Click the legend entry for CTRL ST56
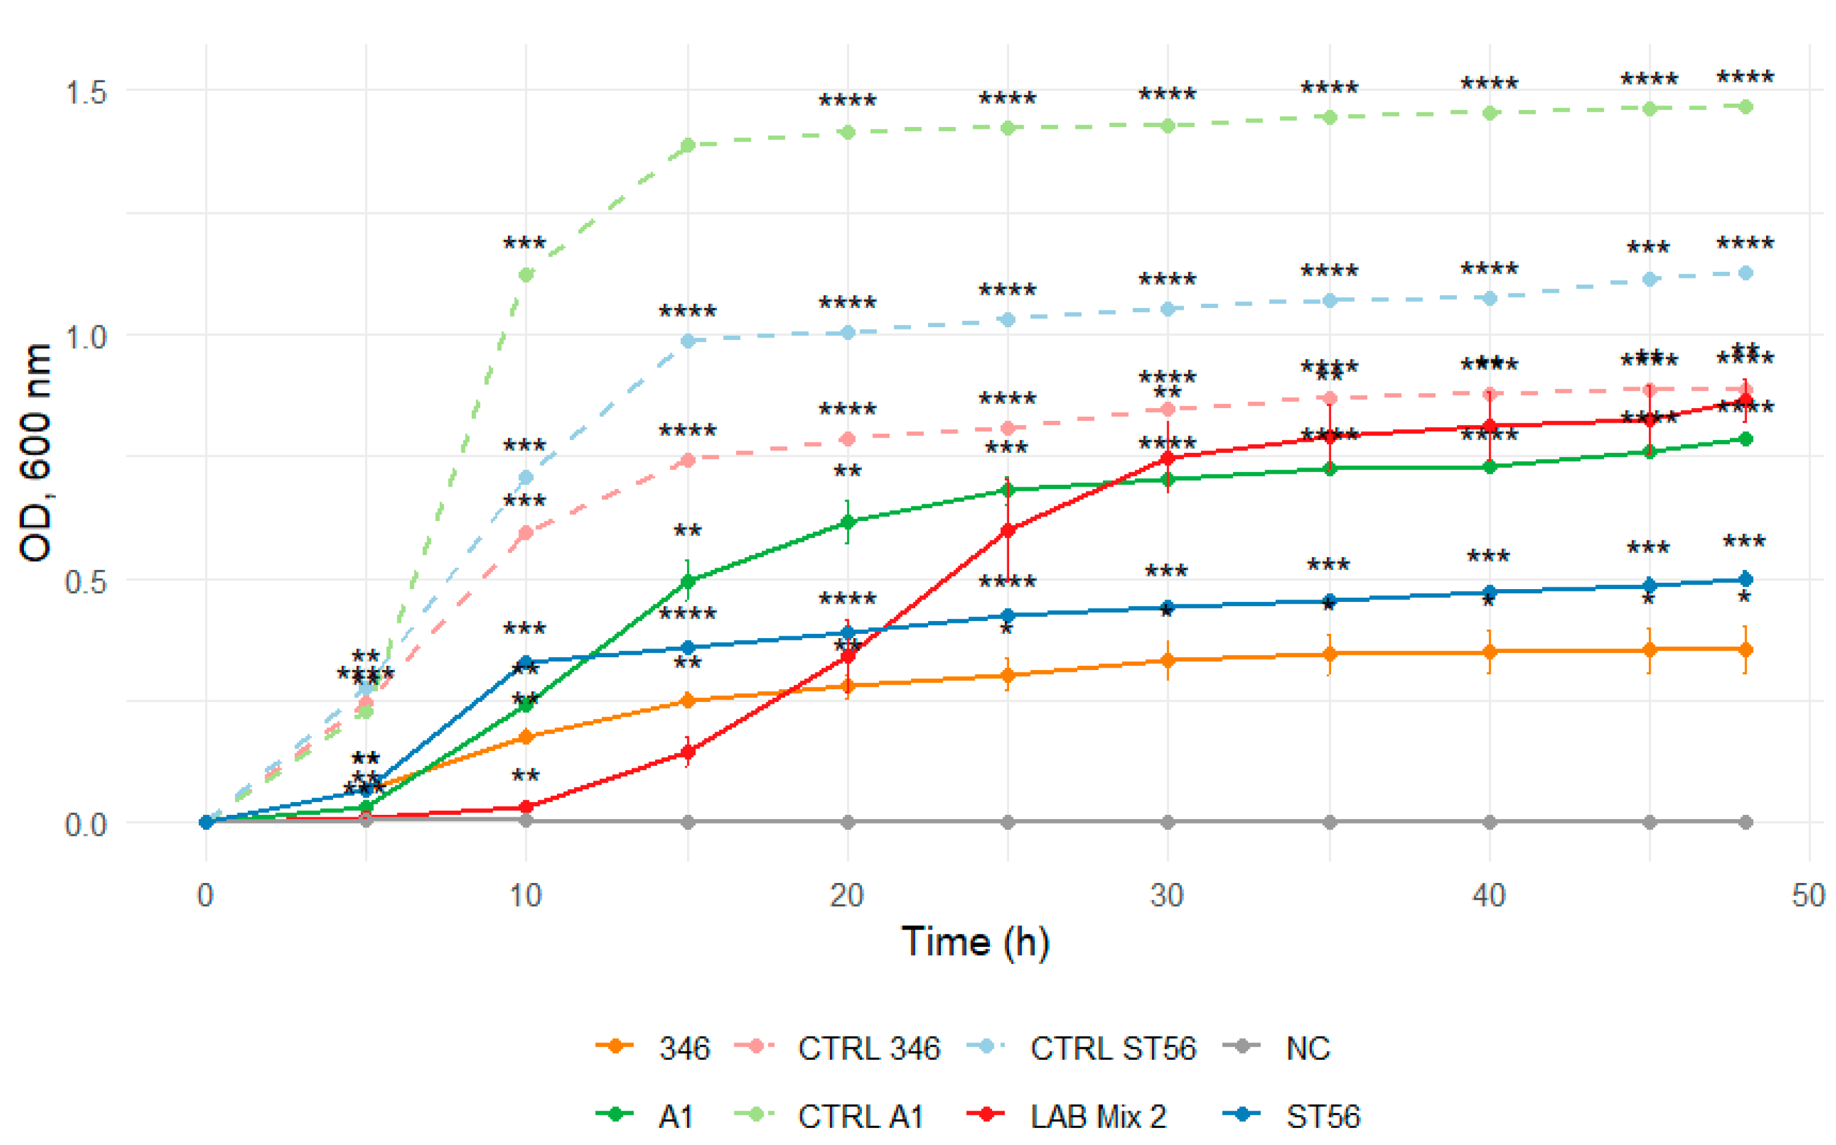coord(1083,1049)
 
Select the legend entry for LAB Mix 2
coord(1067,1116)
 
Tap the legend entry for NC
coord(1277,1049)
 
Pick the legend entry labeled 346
coord(653,1049)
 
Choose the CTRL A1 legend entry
coord(830,1116)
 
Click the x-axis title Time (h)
coord(975,941)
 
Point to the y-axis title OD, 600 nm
coord(36,453)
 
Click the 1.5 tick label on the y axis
coord(85,93)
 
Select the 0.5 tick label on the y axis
coord(85,582)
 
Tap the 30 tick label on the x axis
coord(1167,896)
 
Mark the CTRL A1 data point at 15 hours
coord(688,145)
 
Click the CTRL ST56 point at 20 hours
coord(847,333)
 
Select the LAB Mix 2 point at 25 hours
coord(1008,530)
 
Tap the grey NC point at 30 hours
coord(1167,822)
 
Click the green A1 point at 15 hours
coord(688,582)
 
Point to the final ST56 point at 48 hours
coord(1745,579)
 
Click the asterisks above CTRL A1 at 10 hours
coord(524,243)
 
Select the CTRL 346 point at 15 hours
coord(688,460)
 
